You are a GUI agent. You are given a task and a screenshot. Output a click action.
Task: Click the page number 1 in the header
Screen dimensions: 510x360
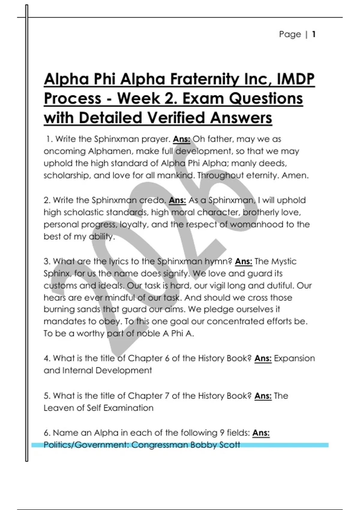(313, 34)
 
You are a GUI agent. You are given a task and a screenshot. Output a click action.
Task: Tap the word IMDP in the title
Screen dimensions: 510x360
(295, 79)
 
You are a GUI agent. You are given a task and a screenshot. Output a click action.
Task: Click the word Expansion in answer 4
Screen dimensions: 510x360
(294, 358)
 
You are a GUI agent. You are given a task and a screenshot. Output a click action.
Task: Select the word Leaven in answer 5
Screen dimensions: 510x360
(57, 408)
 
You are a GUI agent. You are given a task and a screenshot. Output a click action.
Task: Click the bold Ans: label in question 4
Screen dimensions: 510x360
(263, 358)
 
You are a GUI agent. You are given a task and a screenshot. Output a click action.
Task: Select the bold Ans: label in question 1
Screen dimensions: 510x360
(181, 139)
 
